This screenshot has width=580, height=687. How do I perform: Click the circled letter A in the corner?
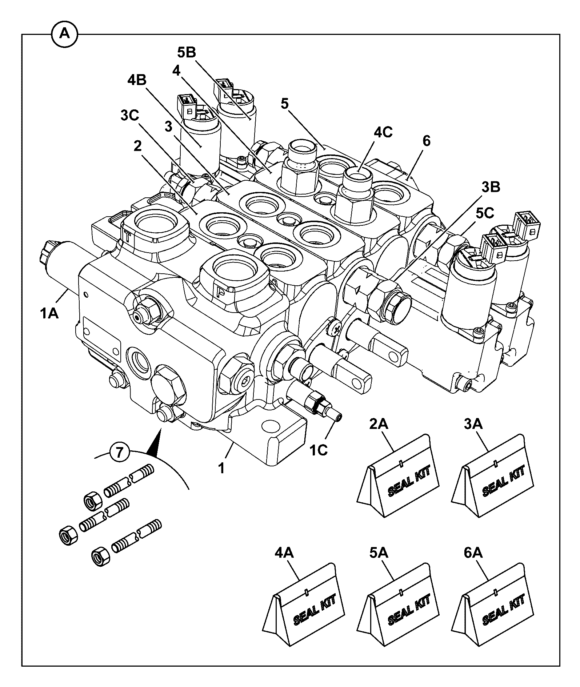click(x=64, y=34)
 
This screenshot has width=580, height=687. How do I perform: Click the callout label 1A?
click(x=49, y=313)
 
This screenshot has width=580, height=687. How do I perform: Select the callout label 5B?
click(x=187, y=53)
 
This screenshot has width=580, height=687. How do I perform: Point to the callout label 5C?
click(x=484, y=214)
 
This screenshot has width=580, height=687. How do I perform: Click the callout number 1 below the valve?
click(x=221, y=468)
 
